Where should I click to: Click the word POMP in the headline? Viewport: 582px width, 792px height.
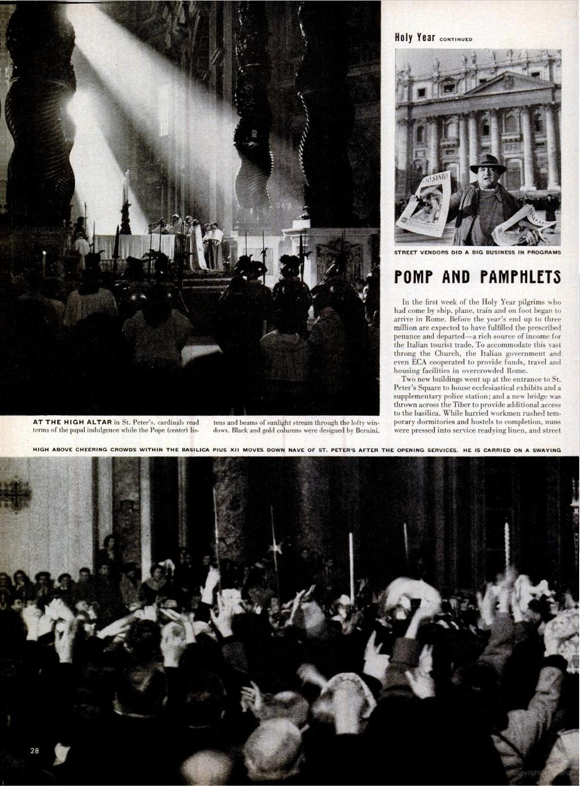418,277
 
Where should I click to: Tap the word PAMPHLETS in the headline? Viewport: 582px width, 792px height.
520,277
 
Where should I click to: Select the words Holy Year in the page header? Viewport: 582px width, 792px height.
414,38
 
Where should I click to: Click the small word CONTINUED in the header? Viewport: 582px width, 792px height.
455,40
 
